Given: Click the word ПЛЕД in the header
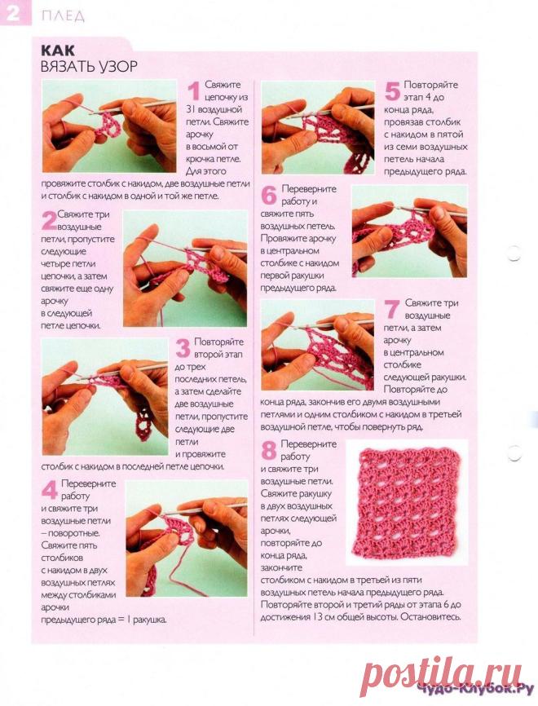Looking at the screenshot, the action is pos(63,16).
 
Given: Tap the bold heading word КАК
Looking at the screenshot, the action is pos(58,50).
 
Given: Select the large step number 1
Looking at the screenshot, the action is pos(193,91).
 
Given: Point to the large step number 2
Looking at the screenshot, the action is pos(49,220).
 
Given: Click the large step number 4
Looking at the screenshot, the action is pos(50,490).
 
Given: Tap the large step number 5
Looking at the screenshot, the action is pos(392,91).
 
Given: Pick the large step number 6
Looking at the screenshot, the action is pos(269,196).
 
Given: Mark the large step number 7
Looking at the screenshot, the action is pos(392,309).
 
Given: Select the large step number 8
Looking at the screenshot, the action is pos(269,450).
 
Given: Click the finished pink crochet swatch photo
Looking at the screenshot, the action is pos(407,502).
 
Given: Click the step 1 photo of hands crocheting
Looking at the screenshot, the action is pos(109,126).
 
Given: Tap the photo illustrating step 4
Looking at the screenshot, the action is pos(187,539).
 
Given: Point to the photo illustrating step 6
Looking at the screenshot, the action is pos(410,231).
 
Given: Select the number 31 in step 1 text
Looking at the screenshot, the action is pos(191,109).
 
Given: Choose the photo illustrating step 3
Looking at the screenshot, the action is pos(104,397).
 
